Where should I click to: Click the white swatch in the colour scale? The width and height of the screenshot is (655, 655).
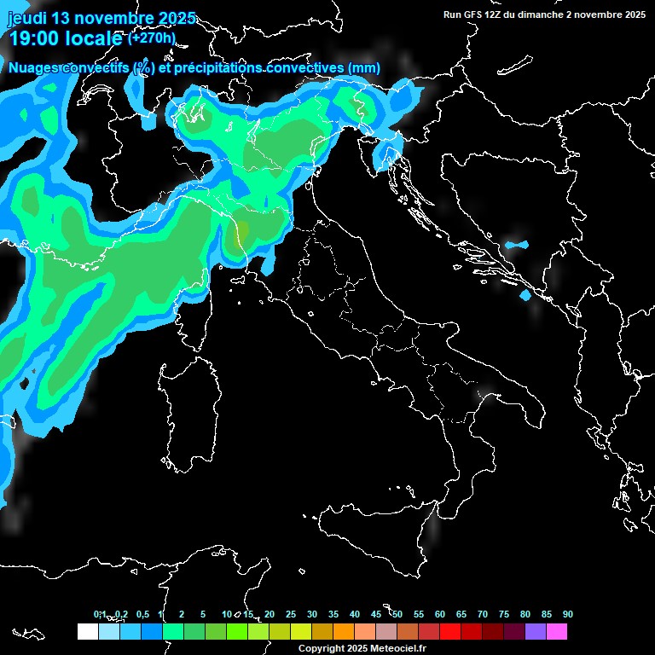87,631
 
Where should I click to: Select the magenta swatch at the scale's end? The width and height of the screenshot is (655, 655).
557,631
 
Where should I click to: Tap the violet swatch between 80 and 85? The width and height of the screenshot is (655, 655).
536,631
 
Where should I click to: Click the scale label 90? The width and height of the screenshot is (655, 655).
568,615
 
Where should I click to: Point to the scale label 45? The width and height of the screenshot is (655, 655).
376,615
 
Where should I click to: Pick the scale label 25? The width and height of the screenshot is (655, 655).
291,615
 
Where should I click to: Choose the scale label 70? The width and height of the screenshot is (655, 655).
483,615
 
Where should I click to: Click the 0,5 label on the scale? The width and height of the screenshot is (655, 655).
142,615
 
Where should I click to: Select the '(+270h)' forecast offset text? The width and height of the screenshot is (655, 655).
152,38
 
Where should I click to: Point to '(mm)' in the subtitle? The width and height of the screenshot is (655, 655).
364,68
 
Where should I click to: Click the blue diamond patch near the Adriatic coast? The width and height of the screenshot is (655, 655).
525,295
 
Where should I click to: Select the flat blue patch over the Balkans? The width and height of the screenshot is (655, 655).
516,246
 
